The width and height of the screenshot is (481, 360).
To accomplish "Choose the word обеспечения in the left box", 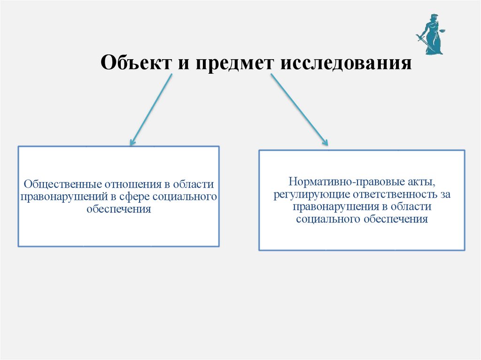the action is (119, 209).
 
